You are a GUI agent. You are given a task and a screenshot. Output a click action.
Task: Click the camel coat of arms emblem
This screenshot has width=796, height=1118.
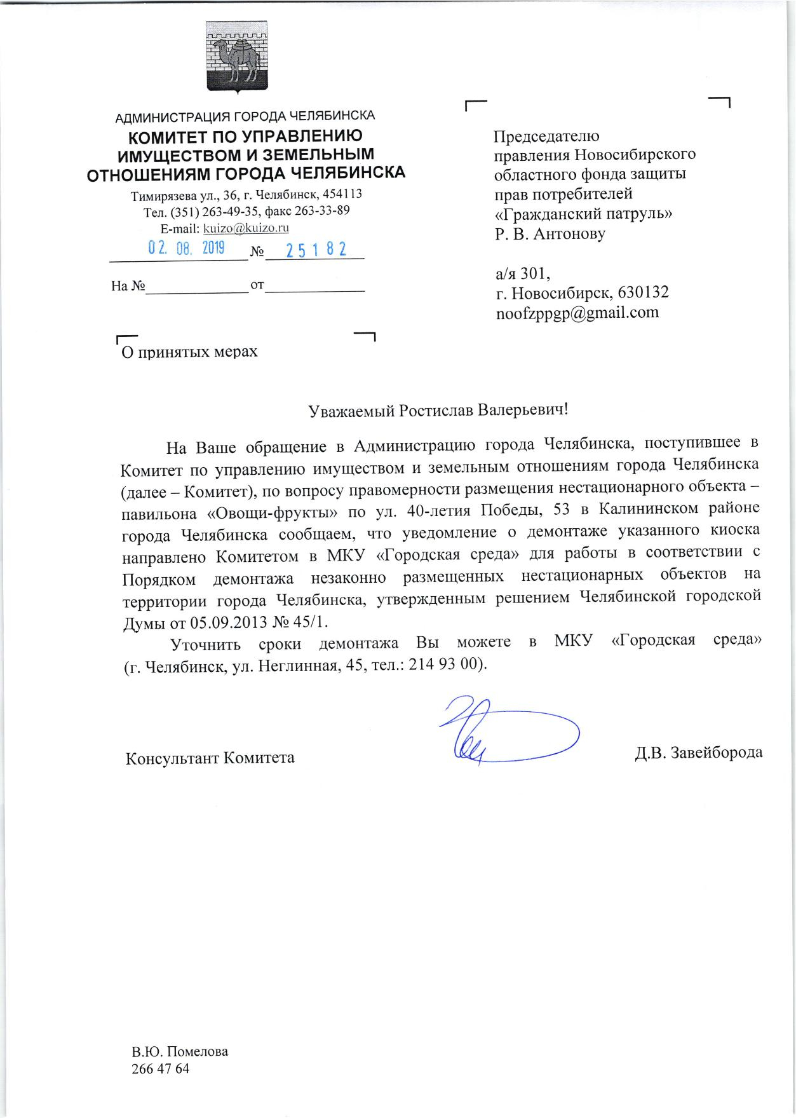(x=238, y=57)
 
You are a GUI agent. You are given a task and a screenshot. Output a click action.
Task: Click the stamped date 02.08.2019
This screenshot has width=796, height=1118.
(x=186, y=248)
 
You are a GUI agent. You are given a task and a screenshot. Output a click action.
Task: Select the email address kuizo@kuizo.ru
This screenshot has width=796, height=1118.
(x=245, y=228)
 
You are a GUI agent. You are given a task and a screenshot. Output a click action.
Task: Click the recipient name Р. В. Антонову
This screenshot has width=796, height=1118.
(x=550, y=233)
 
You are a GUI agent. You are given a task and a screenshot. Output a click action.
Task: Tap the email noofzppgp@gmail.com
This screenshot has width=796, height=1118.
(x=577, y=312)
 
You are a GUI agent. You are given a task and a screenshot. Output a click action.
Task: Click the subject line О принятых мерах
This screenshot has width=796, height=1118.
(x=189, y=351)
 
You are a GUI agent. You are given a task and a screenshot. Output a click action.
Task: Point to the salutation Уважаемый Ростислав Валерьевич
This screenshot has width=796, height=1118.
(x=438, y=410)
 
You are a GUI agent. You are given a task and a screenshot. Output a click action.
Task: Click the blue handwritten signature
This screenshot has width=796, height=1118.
(x=496, y=732)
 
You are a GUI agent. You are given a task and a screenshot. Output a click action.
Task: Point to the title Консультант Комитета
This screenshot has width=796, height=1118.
(x=210, y=758)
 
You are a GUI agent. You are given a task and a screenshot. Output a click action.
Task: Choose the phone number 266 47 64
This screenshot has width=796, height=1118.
(x=160, y=1068)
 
